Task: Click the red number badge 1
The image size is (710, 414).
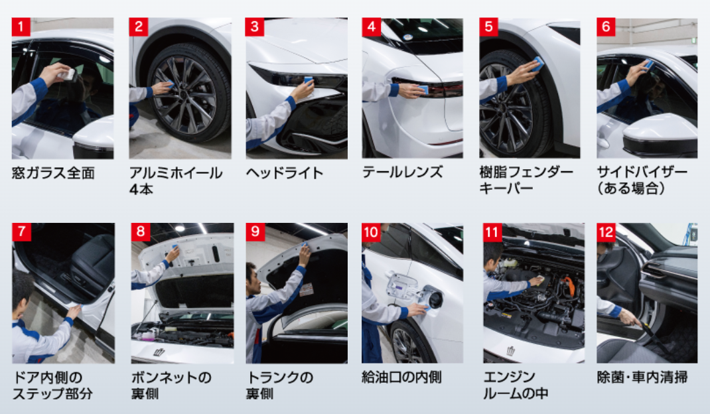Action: pyautogui.click(x=21, y=27)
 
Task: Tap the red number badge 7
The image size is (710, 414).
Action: pyautogui.click(x=21, y=232)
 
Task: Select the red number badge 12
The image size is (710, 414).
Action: pyautogui.click(x=606, y=232)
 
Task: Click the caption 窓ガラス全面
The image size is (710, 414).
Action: pyautogui.click(x=53, y=174)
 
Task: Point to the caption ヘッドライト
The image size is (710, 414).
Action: pyautogui.click(x=285, y=174)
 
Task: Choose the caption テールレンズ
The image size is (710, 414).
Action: pyautogui.click(x=402, y=172)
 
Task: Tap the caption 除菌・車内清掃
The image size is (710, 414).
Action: pyautogui.click(x=642, y=378)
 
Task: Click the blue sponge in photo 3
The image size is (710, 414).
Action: pyautogui.click(x=308, y=81)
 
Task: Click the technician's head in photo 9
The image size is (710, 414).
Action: pyautogui.click(x=252, y=274)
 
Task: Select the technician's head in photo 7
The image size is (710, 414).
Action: pyautogui.click(x=22, y=287)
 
